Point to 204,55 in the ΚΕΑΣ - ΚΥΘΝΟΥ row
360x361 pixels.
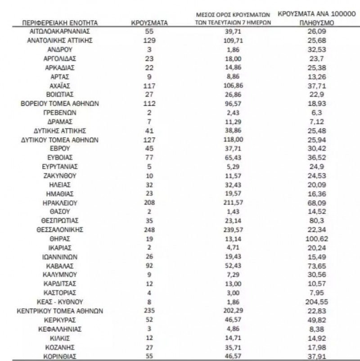[x=315, y=302]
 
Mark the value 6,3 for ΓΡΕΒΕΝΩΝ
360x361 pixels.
[x=315, y=113]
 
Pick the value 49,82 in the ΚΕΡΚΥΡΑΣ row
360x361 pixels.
[x=315, y=319]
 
